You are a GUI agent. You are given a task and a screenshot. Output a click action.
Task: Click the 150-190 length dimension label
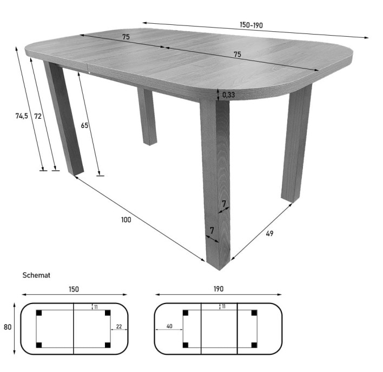click(251, 25)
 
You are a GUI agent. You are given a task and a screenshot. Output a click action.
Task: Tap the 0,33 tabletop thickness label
click(229, 94)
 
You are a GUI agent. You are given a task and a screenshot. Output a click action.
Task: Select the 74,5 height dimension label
click(22, 116)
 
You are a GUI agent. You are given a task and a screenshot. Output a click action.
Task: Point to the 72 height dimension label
click(38, 116)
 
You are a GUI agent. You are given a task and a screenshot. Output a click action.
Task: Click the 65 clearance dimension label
click(84, 125)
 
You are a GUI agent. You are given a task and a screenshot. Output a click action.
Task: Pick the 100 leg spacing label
click(126, 220)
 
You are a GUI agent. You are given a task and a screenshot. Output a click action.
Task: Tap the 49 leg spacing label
click(269, 234)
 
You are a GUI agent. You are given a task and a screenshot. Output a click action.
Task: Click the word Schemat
click(36, 275)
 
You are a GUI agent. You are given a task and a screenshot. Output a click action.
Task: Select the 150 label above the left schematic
click(74, 289)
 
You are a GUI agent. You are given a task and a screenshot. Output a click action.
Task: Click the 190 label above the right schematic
click(219, 289)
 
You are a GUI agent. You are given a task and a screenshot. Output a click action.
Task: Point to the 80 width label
click(8, 327)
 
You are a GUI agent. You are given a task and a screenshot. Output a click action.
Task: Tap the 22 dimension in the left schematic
click(118, 327)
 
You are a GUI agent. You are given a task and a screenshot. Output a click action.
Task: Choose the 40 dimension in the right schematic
click(169, 326)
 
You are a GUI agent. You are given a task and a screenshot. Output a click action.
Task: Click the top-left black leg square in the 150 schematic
click(39, 313)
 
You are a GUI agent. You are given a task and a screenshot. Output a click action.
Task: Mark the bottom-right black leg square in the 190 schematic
click(254, 345)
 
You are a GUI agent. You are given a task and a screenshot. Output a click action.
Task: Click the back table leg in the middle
click(147, 116)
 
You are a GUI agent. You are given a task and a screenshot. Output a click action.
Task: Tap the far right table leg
click(296, 143)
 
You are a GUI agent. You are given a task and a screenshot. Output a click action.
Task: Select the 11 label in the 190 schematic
click(223, 307)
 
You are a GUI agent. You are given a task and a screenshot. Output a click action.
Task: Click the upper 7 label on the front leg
click(224, 204)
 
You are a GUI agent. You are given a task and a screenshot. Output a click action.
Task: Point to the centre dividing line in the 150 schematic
click(74, 329)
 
